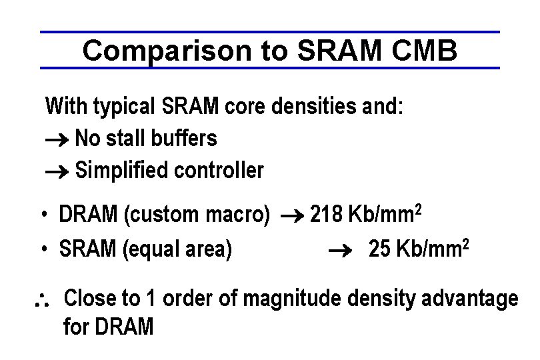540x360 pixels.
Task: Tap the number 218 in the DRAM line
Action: coord(326,215)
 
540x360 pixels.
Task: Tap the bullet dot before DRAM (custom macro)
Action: coord(43,215)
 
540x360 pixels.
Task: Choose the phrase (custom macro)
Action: coord(197,215)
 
